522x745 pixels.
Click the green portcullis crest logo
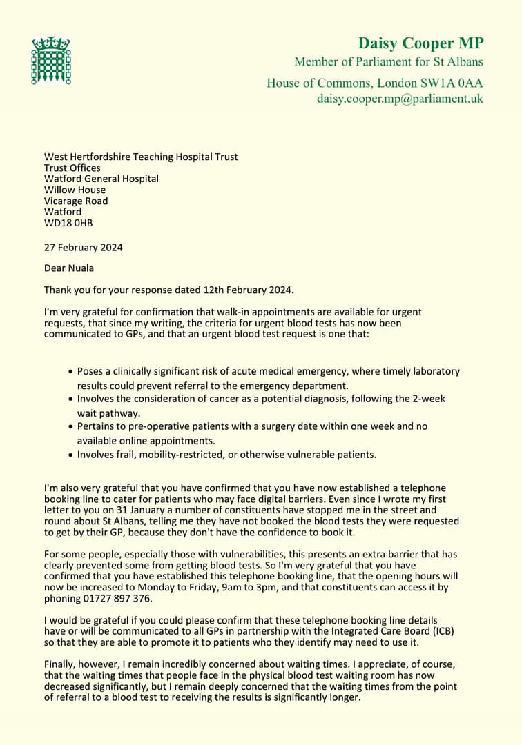(x=51, y=61)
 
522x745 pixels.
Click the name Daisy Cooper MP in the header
(x=420, y=43)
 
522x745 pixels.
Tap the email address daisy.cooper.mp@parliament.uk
(x=400, y=99)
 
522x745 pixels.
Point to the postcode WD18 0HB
(x=68, y=223)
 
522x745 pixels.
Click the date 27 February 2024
(x=84, y=248)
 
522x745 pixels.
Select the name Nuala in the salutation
(x=81, y=268)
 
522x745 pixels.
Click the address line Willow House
(x=75, y=190)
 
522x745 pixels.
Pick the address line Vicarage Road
(x=76, y=201)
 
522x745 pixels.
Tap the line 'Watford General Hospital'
(x=101, y=179)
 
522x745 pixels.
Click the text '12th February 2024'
(x=258, y=289)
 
